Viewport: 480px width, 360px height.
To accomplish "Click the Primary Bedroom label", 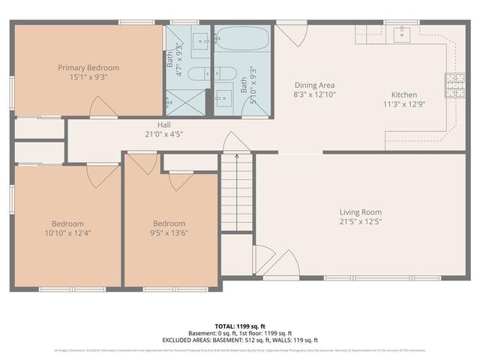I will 88,67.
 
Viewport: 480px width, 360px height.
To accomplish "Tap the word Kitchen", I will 403,94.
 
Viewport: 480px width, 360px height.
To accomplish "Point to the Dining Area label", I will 313,85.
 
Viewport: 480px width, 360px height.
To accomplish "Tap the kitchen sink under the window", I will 403,32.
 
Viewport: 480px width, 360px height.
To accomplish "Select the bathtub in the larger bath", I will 241,37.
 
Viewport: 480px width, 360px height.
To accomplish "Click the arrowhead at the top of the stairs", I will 237,156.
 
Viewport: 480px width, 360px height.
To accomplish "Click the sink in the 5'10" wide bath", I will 224,97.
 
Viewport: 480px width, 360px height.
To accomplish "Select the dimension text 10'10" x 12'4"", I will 67,233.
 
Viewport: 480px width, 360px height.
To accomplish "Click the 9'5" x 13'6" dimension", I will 169,233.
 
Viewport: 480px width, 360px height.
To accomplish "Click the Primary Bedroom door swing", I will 102,107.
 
